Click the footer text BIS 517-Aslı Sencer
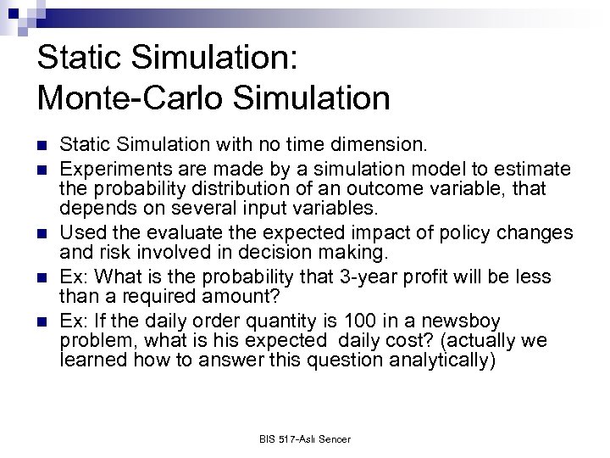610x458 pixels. point(305,438)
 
